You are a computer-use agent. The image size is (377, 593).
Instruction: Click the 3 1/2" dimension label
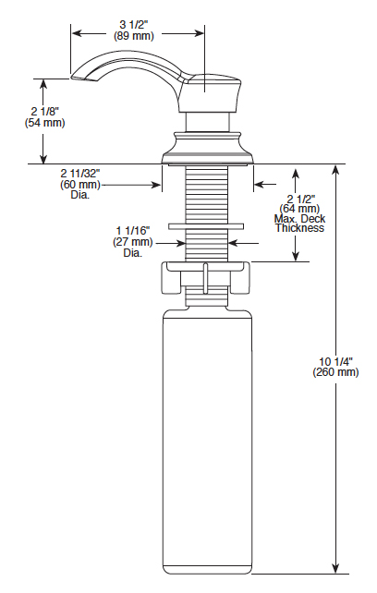tap(134, 25)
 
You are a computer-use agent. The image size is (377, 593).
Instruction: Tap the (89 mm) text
tap(134, 36)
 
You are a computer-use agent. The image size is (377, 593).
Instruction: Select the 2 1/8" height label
tap(45, 112)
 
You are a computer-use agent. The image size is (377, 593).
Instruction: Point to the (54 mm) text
tap(45, 123)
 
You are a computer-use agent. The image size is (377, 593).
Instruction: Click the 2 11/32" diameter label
tap(80, 174)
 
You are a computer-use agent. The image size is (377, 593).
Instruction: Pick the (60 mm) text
tap(80, 185)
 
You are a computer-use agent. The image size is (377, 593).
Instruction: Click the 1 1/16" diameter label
tap(133, 231)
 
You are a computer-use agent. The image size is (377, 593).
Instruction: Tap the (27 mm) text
tap(133, 242)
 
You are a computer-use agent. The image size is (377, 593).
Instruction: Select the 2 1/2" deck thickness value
tap(301, 199)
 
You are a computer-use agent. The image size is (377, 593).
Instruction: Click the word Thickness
tap(299, 228)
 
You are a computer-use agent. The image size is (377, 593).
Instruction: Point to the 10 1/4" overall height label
tap(335, 360)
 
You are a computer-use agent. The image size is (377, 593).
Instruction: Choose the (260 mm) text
tap(335, 372)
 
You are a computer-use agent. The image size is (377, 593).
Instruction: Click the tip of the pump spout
tap(71, 79)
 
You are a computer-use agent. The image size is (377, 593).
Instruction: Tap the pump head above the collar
tap(209, 94)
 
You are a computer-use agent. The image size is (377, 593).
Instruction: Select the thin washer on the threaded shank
tap(206, 226)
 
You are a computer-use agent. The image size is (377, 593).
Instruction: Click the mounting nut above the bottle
tap(207, 277)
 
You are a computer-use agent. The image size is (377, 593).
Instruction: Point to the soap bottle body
tap(207, 442)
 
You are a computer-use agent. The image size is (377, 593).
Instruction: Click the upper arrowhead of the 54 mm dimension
tap(44, 84)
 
